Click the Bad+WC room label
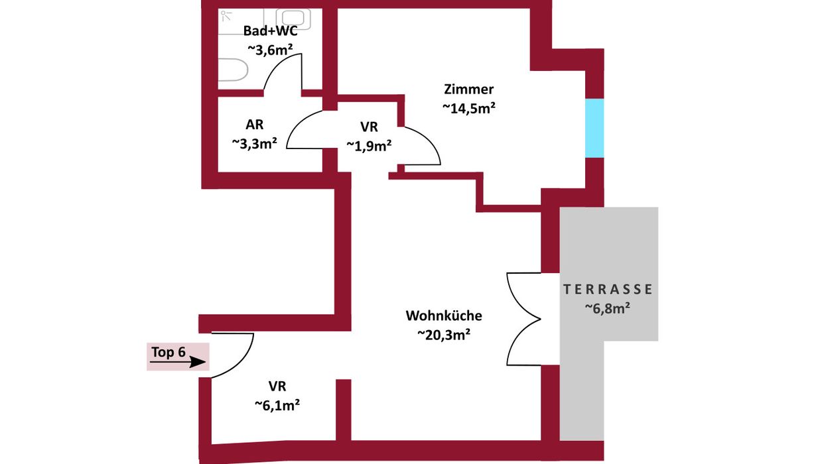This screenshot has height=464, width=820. click(270, 30)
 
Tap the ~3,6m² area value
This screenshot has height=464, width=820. click(270, 49)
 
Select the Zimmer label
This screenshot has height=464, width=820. click(468, 89)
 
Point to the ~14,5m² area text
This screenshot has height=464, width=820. click(468, 108)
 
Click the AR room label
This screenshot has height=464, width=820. click(254, 125)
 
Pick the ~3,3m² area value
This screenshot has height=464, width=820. click(254, 143)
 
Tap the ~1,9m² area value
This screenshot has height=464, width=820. click(369, 146)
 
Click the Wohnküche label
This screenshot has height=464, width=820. click(444, 316)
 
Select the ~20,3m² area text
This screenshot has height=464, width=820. click(444, 334)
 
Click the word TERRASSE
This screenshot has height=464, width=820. click(608, 289)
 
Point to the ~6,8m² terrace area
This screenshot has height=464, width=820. click(608, 308)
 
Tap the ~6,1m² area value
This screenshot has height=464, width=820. click(277, 405)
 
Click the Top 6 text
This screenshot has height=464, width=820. click(169, 352)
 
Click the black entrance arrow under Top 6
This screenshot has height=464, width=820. click(178, 362)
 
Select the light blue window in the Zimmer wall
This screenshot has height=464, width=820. click(594, 128)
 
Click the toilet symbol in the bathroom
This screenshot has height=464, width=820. click(233, 70)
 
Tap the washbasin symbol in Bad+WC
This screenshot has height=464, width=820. click(293, 19)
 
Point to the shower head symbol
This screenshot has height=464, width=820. click(226, 16)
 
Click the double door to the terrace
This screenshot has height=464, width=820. click(524, 319)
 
